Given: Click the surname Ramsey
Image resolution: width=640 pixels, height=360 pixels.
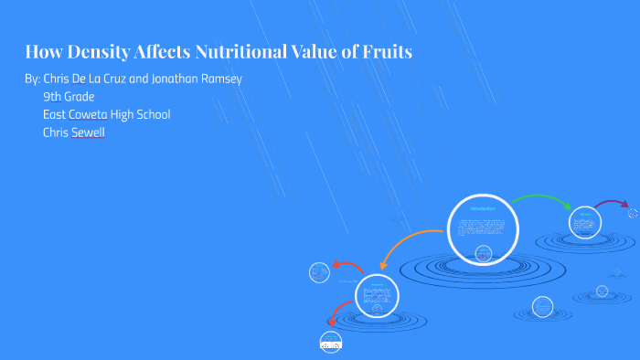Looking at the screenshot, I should tap(219, 79).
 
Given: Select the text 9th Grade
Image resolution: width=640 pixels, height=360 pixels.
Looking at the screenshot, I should tap(69, 97).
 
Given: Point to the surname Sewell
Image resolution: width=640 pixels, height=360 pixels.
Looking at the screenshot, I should tap(85, 132).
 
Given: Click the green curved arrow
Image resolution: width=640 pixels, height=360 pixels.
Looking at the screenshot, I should tap(540, 199).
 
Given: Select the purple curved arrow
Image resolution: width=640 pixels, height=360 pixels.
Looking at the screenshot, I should tap(611, 204).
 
